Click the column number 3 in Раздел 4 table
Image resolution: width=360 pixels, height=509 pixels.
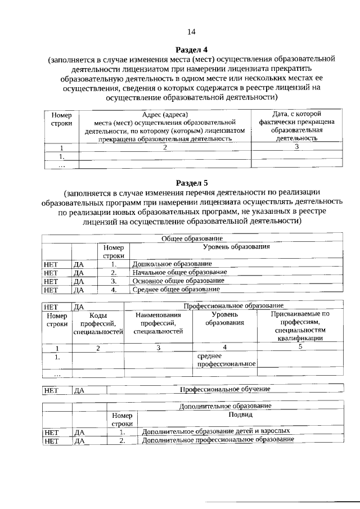coord(296,147)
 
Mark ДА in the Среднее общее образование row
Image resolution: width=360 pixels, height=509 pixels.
coord(79,290)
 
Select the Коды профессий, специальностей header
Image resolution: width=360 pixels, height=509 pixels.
coord(98,323)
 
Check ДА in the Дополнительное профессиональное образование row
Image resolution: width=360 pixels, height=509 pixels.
coord(79,441)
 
